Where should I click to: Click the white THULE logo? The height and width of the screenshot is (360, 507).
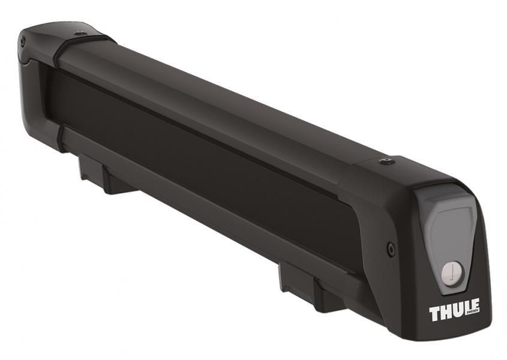454,311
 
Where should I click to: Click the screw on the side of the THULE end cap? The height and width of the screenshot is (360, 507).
391,247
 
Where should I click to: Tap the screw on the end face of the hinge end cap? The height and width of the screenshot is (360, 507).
23,41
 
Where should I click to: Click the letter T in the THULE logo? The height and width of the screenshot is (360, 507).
434,313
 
